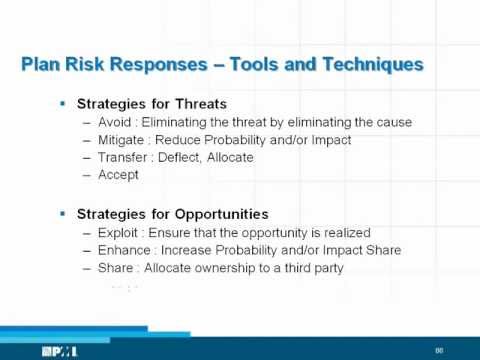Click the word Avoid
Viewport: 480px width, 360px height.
pyautogui.click(x=112, y=122)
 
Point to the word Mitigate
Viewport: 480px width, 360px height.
pyautogui.click(x=119, y=139)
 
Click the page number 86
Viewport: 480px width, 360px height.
pyautogui.click(x=438, y=349)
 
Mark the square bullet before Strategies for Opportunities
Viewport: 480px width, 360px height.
pyautogui.click(x=63, y=213)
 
